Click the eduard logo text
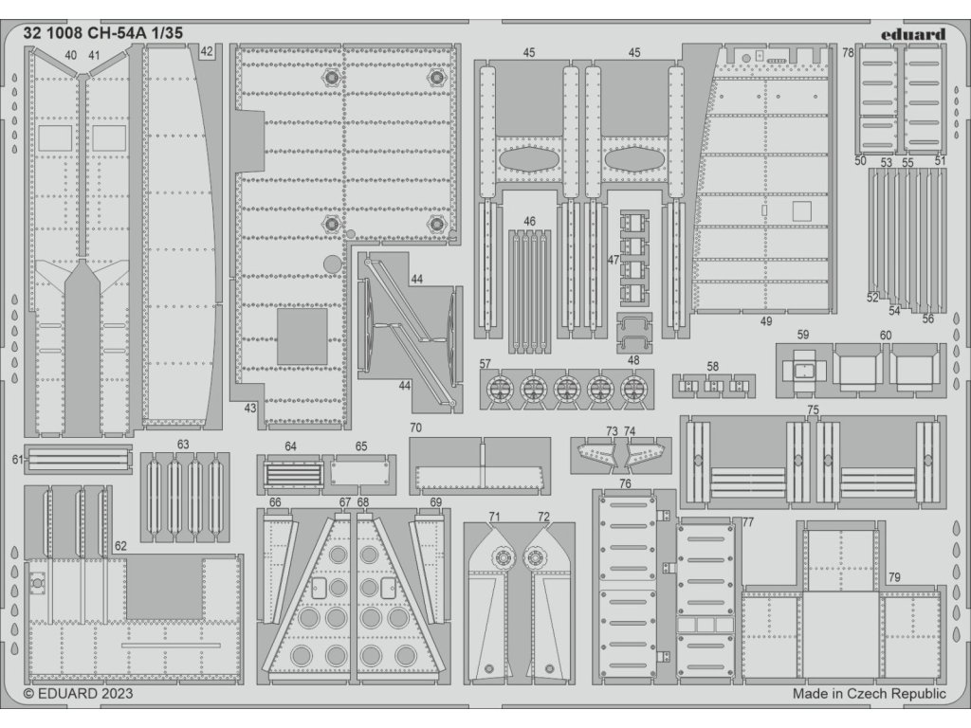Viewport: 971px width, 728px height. (911, 34)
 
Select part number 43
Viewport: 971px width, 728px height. (250, 409)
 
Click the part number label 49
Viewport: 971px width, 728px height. (766, 321)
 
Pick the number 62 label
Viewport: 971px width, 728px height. (119, 546)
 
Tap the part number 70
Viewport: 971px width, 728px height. (415, 428)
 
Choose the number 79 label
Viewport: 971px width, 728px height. (894, 577)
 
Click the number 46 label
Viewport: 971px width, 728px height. (529, 222)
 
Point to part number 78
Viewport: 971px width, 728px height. (848, 53)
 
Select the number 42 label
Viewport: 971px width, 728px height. (207, 52)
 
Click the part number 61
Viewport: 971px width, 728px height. (17, 460)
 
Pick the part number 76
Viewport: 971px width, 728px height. (625, 484)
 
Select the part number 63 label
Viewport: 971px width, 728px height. (183, 444)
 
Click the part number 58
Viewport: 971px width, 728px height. (713, 366)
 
